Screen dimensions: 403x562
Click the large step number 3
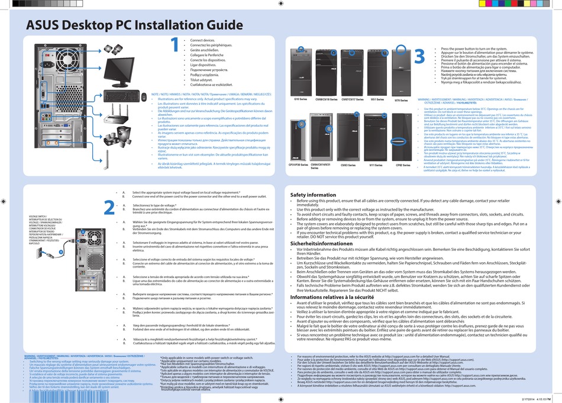(x=419, y=57)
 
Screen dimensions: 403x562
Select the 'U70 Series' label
(x=400, y=100)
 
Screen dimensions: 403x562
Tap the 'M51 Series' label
(x=377, y=99)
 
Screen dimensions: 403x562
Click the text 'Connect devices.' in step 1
(x=202, y=40)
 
